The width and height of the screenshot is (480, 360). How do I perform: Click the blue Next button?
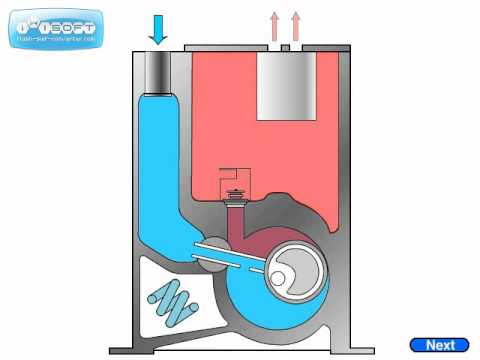(x=440, y=344)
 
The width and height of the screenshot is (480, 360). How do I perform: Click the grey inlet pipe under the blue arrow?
(x=157, y=70)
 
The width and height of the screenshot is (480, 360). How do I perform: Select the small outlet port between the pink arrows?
(x=285, y=47)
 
